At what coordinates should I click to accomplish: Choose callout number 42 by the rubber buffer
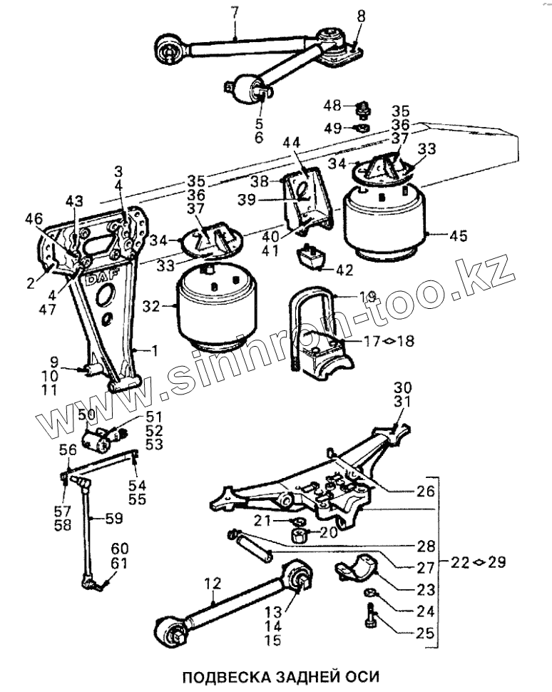[344, 270]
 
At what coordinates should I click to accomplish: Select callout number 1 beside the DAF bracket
[153, 350]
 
